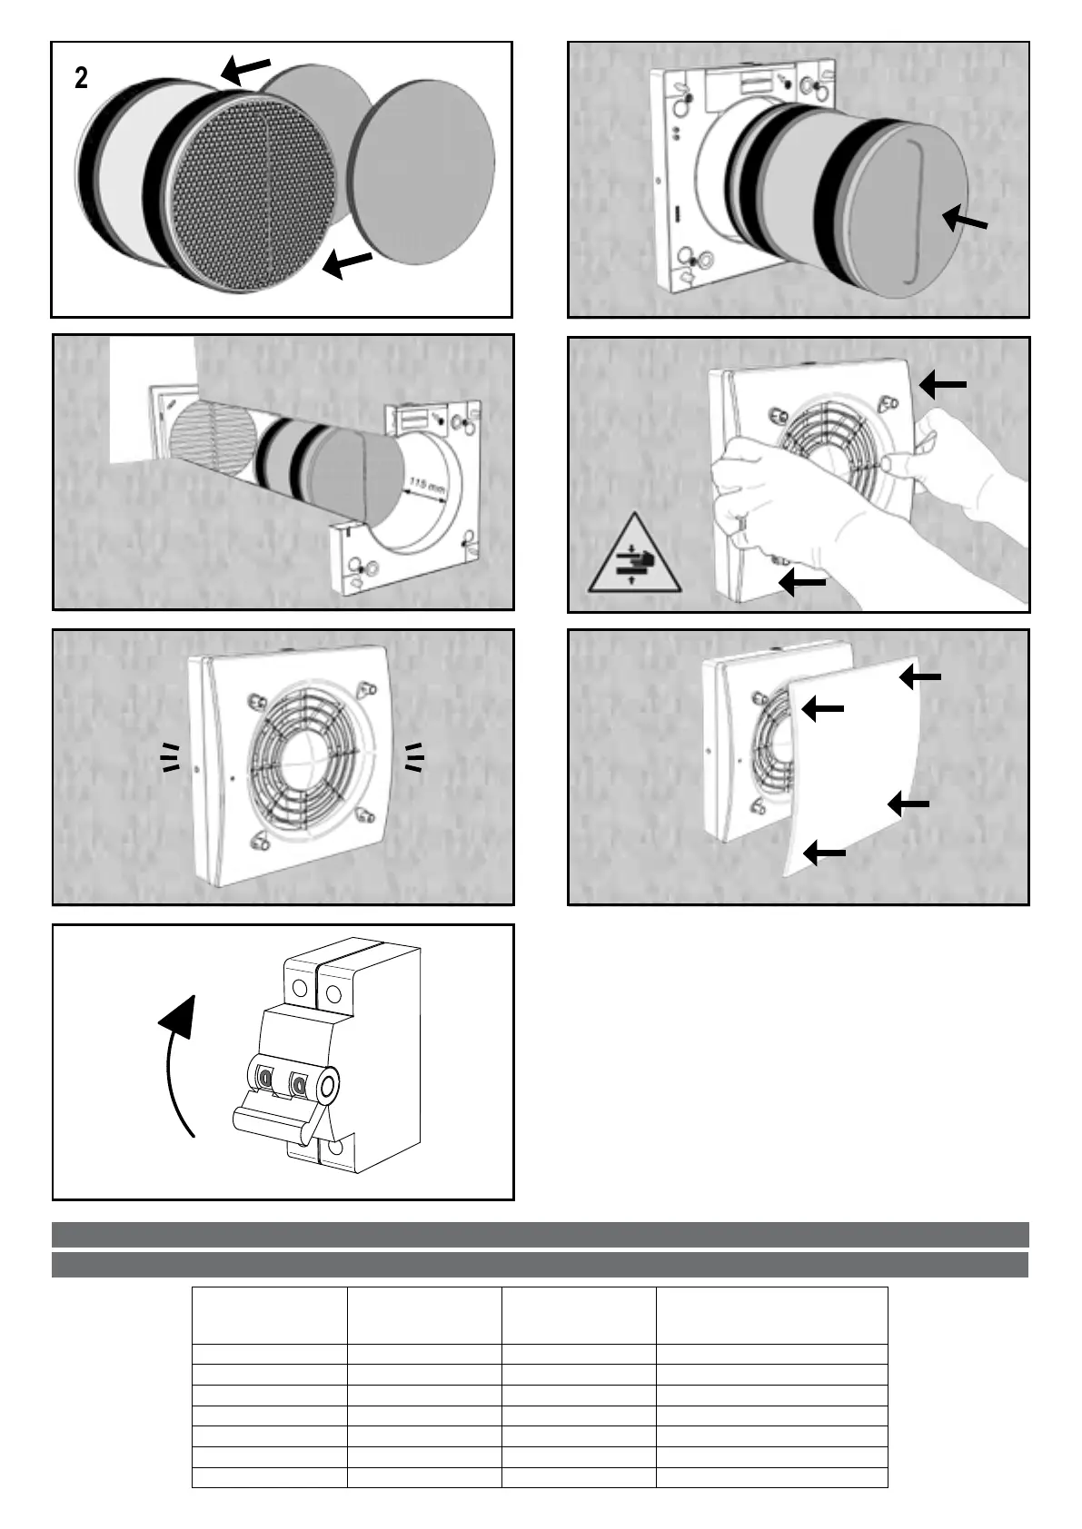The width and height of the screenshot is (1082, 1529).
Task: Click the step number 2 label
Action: tap(82, 79)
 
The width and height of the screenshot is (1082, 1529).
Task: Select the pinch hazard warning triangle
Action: tap(634, 557)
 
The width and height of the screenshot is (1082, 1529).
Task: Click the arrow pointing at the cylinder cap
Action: tap(964, 219)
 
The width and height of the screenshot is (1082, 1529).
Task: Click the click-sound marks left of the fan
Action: tap(170, 756)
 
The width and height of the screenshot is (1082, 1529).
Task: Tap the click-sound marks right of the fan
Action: tap(414, 756)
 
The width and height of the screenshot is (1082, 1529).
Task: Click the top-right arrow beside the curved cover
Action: tap(920, 677)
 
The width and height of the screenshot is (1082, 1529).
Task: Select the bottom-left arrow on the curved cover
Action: tap(825, 852)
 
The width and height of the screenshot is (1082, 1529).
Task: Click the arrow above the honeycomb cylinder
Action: tap(246, 68)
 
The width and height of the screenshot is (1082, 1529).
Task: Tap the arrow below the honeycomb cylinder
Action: tap(347, 264)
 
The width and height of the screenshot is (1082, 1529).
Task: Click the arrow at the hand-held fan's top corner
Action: tap(942, 386)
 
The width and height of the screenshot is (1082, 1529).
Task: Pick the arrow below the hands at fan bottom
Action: tap(803, 581)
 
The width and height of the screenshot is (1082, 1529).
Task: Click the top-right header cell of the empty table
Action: tap(771, 1315)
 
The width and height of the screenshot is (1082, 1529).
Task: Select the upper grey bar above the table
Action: tap(540, 1234)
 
